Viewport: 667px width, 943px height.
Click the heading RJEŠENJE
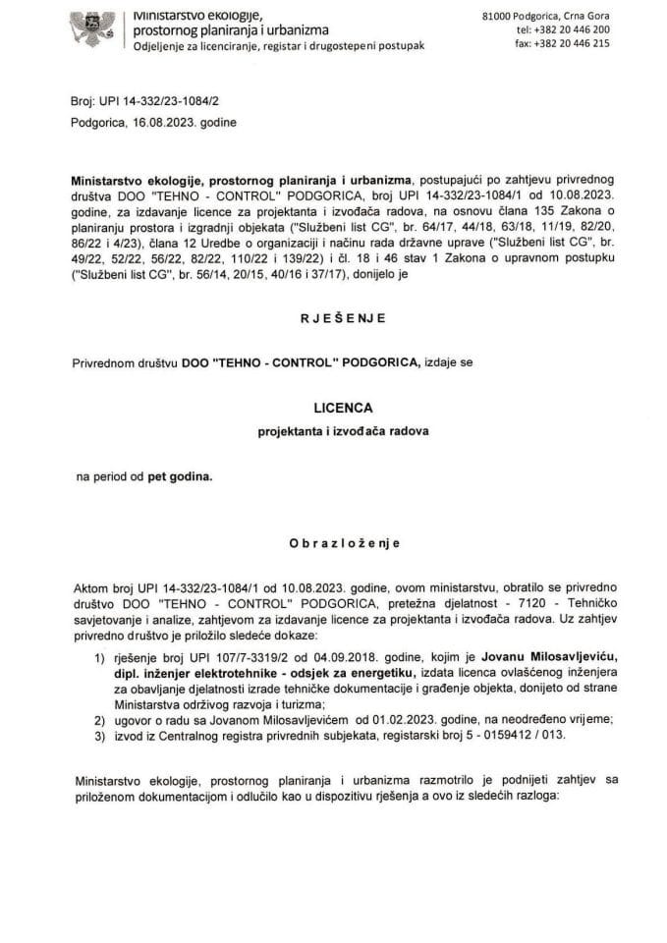point(333,318)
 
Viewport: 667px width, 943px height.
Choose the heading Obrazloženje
point(334,542)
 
